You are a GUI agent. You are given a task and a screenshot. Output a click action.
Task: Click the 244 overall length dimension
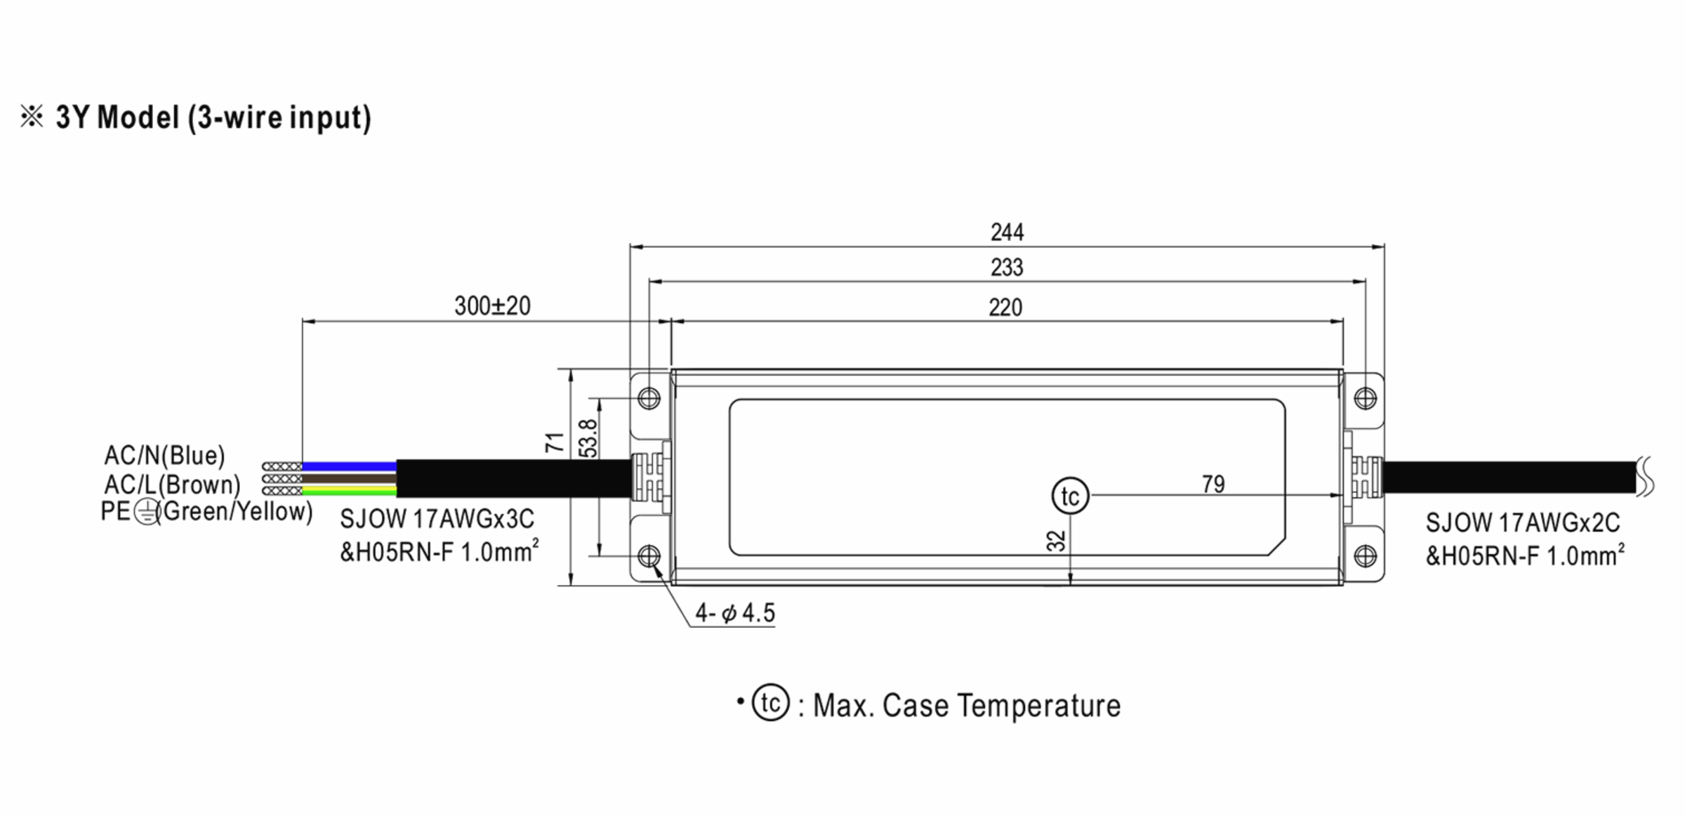(1007, 232)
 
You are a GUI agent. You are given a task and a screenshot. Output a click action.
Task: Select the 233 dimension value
(1007, 268)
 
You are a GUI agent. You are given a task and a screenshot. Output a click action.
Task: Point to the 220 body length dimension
(1005, 308)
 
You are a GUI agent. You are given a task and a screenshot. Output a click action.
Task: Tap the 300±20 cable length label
(492, 306)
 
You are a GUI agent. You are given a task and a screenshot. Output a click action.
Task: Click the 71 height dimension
(555, 442)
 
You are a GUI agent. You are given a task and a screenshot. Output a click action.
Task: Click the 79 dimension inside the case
(1212, 485)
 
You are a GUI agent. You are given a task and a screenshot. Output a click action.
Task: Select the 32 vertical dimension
(1055, 541)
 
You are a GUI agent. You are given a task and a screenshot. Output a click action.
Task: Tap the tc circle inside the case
(1070, 496)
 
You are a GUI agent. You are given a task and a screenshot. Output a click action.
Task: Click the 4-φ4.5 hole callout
(735, 613)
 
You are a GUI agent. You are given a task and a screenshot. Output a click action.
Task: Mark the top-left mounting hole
(649, 399)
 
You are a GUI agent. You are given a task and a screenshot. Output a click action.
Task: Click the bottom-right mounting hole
(1365, 556)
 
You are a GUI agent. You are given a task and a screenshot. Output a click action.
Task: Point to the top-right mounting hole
(1365, 399)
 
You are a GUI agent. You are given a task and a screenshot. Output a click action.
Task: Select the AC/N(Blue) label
(164, 456)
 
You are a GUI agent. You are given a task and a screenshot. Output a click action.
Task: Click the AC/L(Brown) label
(172, 485)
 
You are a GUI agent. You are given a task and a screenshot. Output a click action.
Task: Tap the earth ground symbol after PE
(145, 513)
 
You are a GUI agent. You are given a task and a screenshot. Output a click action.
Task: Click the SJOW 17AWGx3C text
(437, 520)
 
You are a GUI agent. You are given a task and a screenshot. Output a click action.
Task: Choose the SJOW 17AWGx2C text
(1522, 523)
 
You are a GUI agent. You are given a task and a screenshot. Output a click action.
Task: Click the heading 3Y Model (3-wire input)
(213, 117)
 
